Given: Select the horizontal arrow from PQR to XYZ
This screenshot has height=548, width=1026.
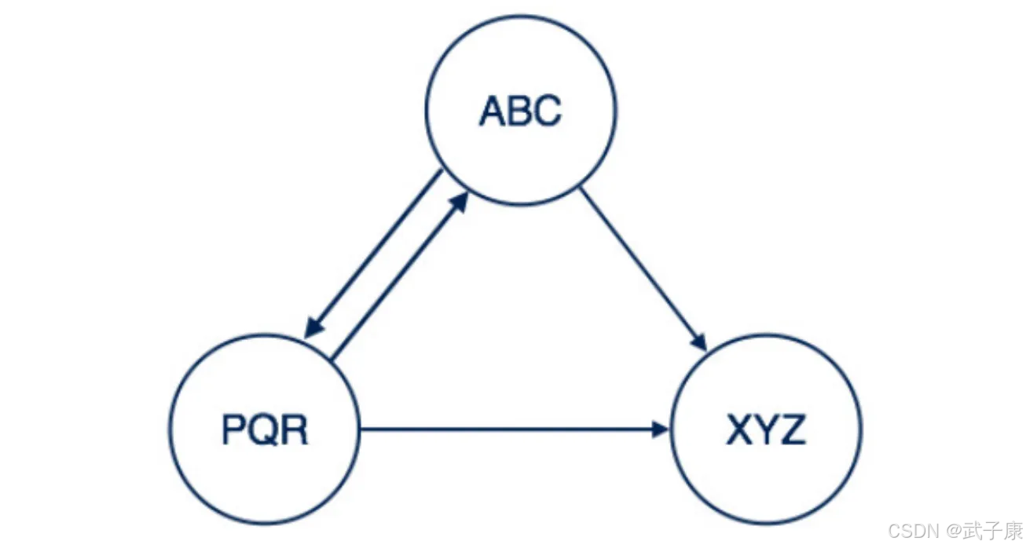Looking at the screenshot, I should (x=511, y=429).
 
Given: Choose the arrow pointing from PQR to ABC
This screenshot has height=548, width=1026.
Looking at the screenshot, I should (x=397, y=279).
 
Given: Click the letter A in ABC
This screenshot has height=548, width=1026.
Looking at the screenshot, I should (x=493, y=111).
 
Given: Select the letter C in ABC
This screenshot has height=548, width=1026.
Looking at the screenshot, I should (x=548, y=111).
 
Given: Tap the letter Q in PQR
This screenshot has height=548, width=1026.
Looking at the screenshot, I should (x=265, y=430).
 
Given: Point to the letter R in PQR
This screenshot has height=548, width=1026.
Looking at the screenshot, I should (x=294, y=430).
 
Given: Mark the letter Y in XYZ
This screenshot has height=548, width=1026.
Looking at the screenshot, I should (x=765, y=430).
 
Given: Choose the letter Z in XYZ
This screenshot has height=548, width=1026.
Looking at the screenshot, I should (x=792, y=430).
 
